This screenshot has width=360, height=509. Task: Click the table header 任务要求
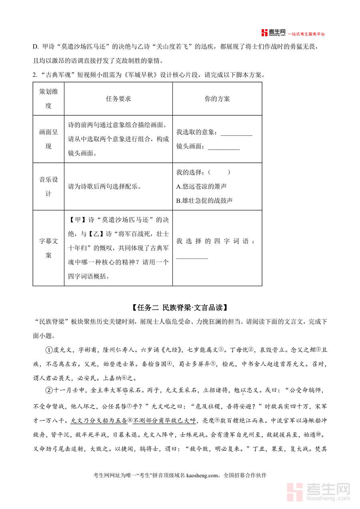click(x=118, y=99)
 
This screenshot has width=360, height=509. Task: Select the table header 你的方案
click(x=217, y=99)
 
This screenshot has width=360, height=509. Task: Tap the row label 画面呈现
click(x=48, y=139)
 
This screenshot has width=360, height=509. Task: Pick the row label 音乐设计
click(x=48, y=186)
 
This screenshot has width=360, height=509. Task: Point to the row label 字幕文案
click(x=48, y=248)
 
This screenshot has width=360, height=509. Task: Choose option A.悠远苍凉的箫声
click(x=201, y=186)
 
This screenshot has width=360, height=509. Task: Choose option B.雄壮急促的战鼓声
click(x=204, y=200)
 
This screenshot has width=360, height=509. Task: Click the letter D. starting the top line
click(x=36, y=47)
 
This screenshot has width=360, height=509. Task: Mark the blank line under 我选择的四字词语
click(x=192, y=257)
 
